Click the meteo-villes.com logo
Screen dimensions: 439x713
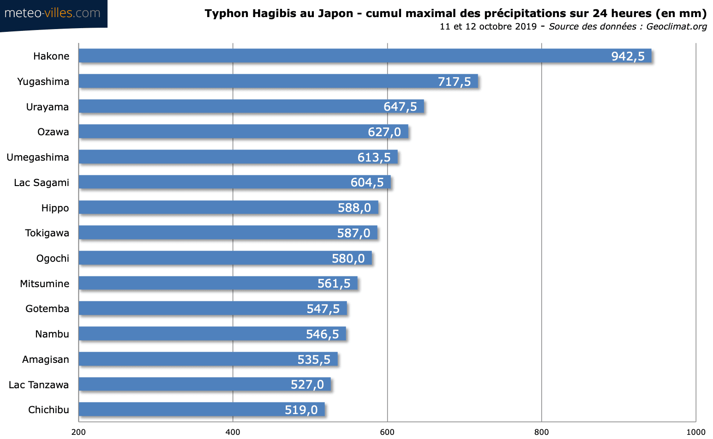(x=53, y=13)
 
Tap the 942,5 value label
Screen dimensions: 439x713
(x=628, y=56)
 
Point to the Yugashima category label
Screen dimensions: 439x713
(x=43, y=82)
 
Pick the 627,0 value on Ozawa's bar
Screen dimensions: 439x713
(x=384, y=132)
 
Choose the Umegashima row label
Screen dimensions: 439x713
(x=38, y=157)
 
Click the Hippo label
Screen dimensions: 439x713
(x=55, y=208)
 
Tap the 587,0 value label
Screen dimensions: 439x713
(x=354, y=233)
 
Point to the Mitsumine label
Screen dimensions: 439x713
(x=45, y=284)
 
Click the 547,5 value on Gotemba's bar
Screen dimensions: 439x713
(x=323, y=309)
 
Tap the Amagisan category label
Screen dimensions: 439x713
(x=46, y=360)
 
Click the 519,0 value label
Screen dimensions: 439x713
(x=301, y=410)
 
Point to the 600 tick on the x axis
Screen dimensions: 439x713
(x=387, y=432)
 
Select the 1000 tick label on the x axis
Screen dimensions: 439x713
(x=695, y=432)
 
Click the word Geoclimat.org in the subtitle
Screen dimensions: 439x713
(x=676, y=26)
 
